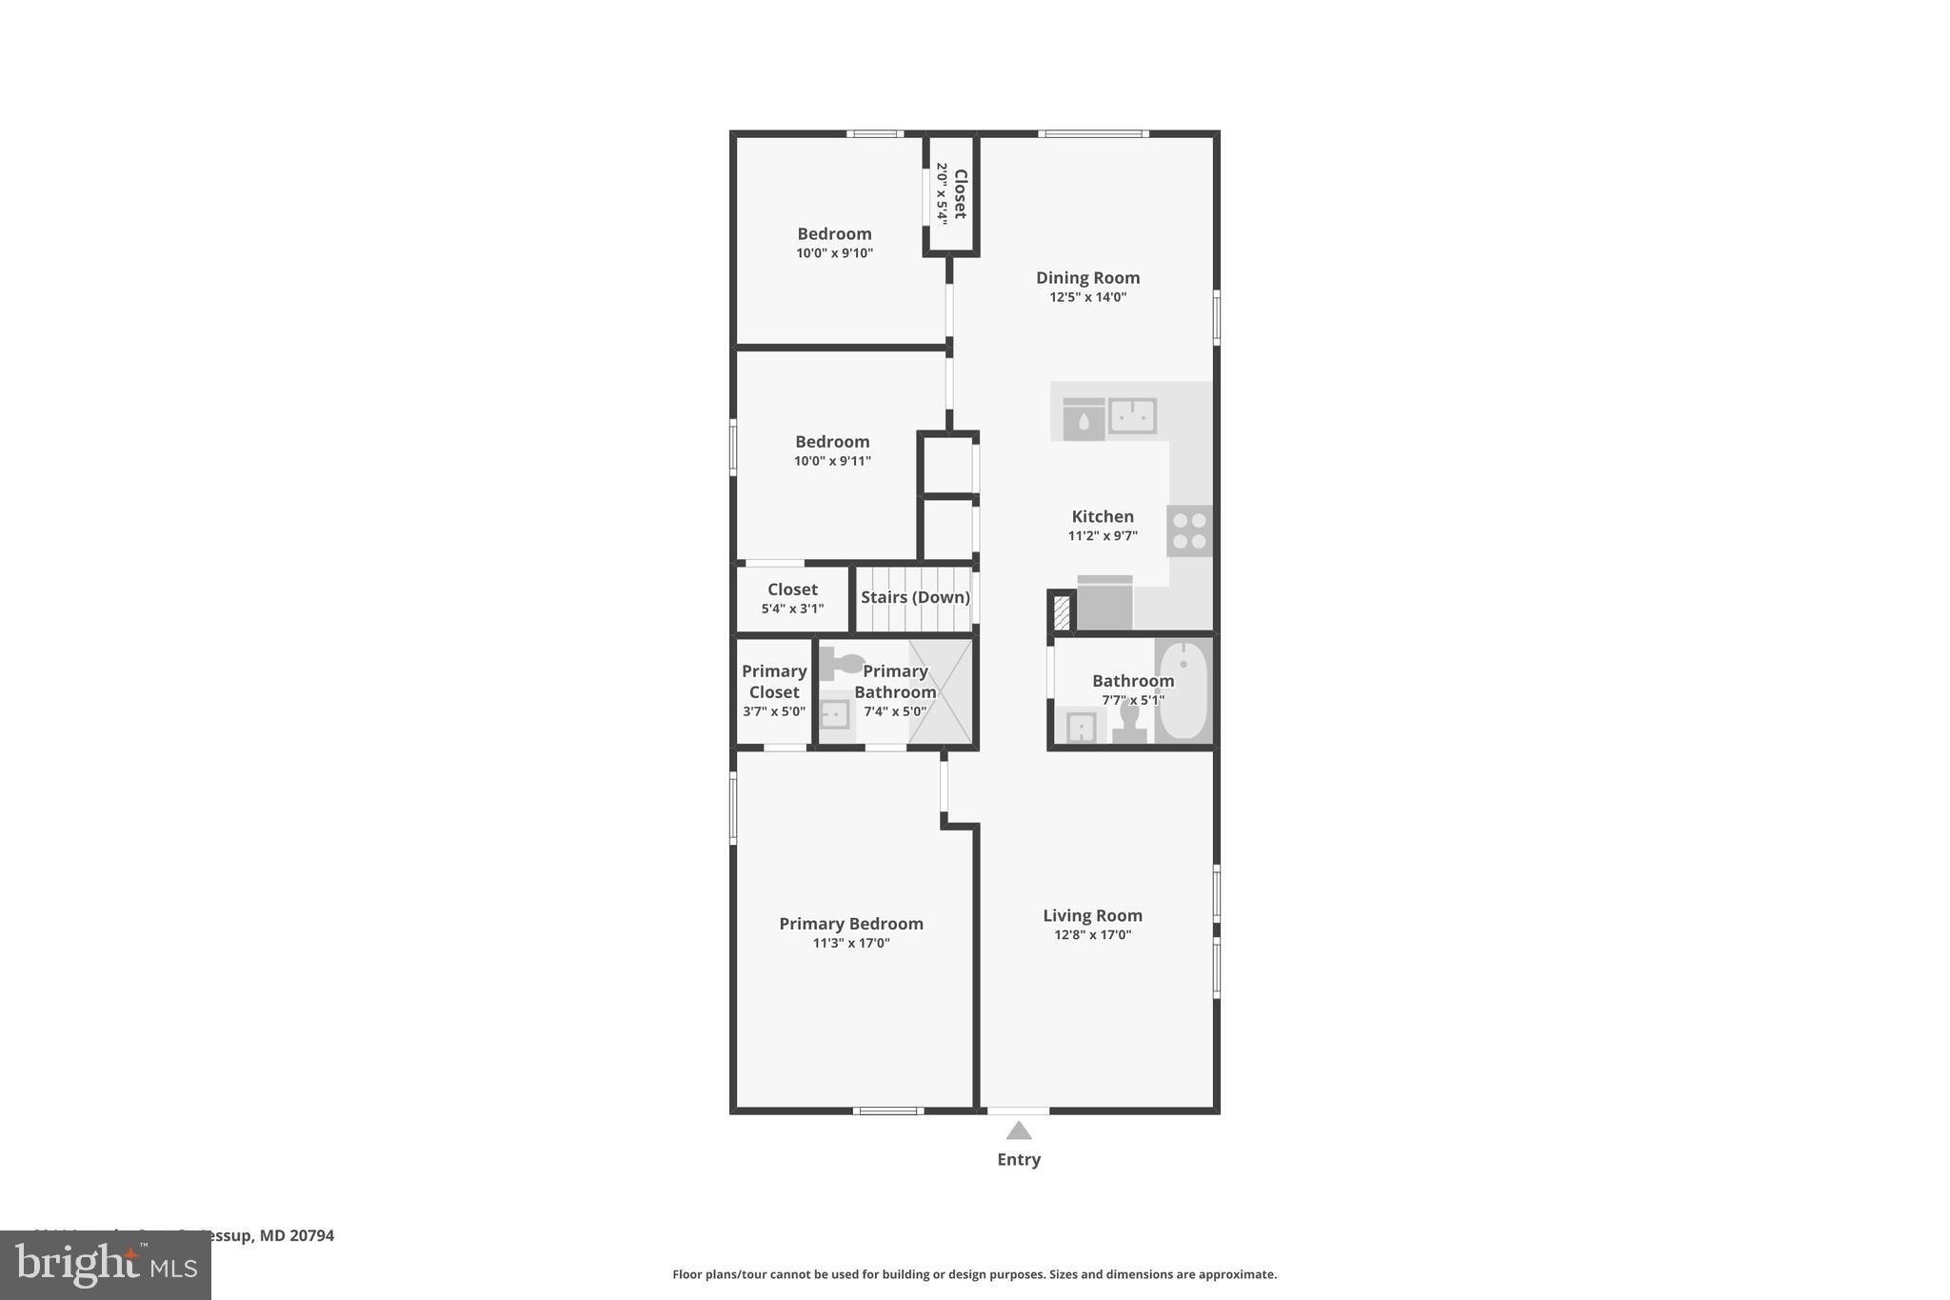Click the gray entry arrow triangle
1019,1131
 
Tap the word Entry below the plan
1019,1159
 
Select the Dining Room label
1087,277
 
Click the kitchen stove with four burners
1189,530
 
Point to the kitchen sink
1132,416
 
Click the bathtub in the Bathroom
1184,690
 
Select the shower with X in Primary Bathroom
941,690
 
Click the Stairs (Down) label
915,597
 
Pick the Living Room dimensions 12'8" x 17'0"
1092,935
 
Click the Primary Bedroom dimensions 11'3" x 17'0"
851,944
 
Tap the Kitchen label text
1103,516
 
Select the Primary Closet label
774,681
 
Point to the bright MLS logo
106,1266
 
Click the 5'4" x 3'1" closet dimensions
792,609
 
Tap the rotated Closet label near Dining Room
960,194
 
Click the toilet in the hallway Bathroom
1129,721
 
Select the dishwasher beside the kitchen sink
1084,419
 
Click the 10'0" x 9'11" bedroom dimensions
832,461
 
